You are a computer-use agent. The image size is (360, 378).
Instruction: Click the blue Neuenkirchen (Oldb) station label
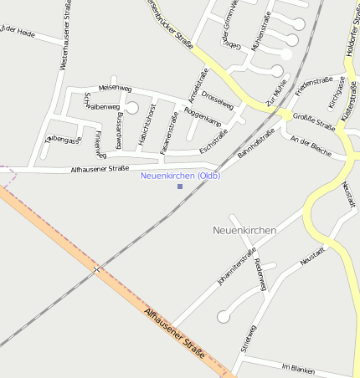point(180,175)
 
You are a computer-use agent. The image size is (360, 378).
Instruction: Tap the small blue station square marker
point(180,186)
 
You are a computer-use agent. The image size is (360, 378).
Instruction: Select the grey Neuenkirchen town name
point(244,229)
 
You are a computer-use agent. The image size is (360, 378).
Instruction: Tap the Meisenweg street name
point(115,87)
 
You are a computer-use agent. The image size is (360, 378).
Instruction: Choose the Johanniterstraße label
point(236,266)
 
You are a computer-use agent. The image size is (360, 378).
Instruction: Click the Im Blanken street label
point(297,367)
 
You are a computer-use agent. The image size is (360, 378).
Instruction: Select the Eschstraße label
point(214,147)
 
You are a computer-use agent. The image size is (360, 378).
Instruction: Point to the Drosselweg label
point(218,98)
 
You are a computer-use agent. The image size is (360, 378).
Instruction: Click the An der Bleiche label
point(310,146)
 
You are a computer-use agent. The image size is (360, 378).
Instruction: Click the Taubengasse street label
point(64,140)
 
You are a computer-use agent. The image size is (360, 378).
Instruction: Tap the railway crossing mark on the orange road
point(96,269)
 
